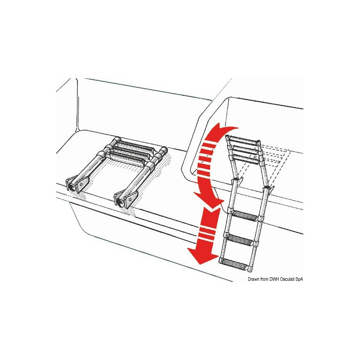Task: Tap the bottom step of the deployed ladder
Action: [238, 262]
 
